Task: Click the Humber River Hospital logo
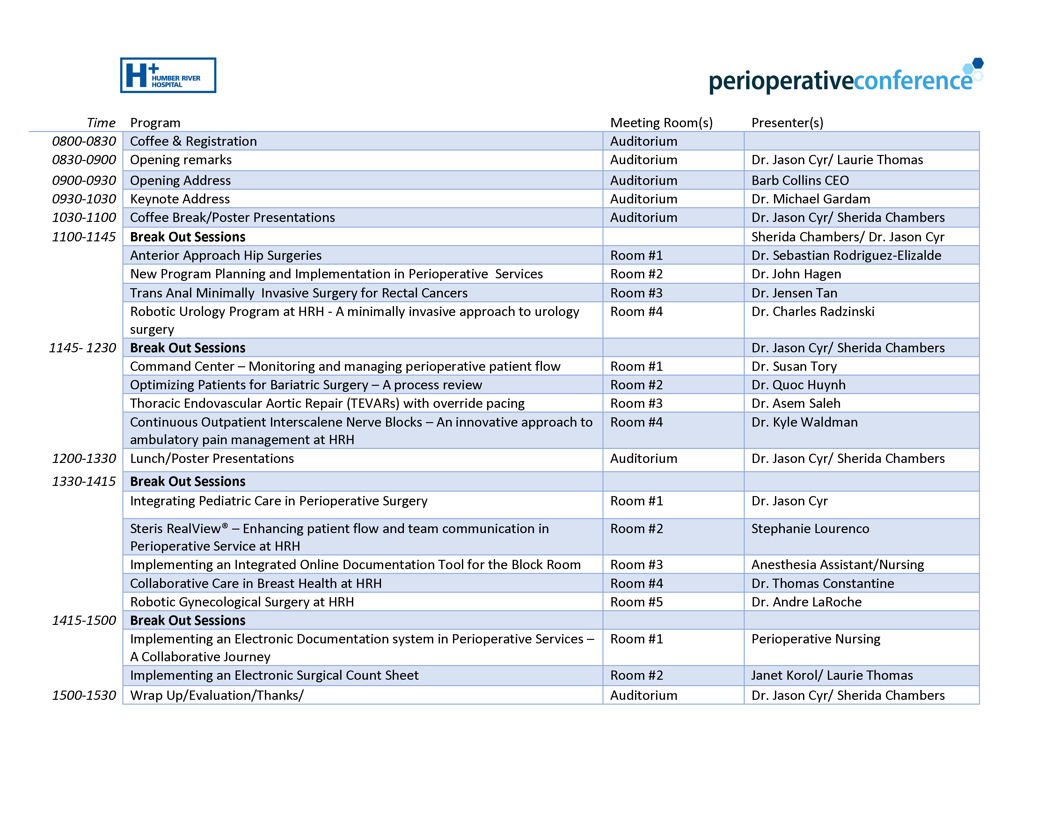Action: [x=168, y=75]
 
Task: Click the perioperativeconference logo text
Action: [x=841, y=80]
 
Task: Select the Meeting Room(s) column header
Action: [x=661, y=123]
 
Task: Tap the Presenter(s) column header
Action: [x=787, y=123]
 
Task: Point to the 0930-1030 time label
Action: [x=84, y=199]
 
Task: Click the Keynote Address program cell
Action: [x=180, y=199]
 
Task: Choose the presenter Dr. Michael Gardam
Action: [x=811, y=199]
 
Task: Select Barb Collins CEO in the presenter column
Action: [x=800, y=180]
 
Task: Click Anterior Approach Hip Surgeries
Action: [x=225, y=255]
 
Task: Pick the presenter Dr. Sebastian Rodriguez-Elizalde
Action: [x=846, y=255]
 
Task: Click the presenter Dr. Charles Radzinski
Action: [x=813, y=311]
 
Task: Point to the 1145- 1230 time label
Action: [x=82, y=348]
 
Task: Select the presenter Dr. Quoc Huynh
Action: [x=798, y=385]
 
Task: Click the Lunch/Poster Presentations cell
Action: [x=212, y=458]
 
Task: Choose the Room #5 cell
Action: [x=636, y=602]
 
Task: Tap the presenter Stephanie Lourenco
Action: [x=810, y=529]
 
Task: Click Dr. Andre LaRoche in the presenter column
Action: [x=806, y=602]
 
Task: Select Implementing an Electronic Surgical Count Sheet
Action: [x=274, y=675]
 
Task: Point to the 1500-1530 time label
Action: [x=84, y=695]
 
